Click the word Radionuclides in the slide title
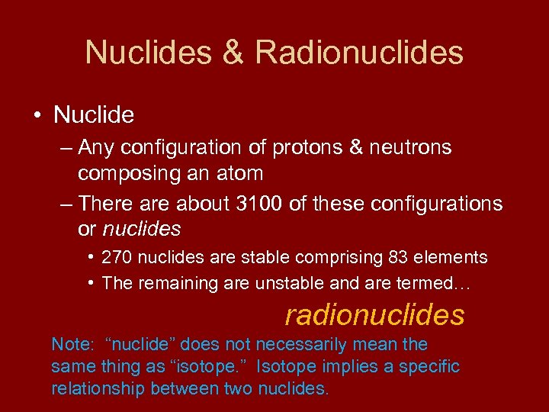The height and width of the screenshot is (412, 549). point(359,53)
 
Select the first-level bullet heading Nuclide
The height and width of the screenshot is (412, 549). point(94,115)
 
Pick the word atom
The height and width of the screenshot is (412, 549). point(240,173)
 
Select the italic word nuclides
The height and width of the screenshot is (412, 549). point(142,229)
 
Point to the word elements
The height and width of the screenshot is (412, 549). point(454,258)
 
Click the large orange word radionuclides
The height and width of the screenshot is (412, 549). point(374,314)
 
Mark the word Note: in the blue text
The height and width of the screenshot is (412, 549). point(72,345)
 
